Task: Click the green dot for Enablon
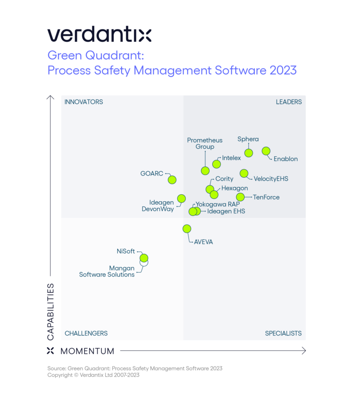point(266,151)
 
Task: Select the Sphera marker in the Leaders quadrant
point(248,152)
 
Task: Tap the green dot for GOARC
point(172,179)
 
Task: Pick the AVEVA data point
point(187,228)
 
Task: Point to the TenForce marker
point(240,197)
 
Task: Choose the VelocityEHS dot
point(244,174)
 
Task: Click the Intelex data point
point(216,164)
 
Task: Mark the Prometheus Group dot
point(205,170)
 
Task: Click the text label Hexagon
point(234,188)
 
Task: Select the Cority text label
point(224,179)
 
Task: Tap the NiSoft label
point(126,251)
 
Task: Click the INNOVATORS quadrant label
point(83,102)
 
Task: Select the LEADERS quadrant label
point(289,102)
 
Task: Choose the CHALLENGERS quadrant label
point(86,333)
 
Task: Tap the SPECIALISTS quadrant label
point(283,333)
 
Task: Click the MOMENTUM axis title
point(87,351)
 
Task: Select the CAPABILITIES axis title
point(51,312)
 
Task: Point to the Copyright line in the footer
point(93,375)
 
